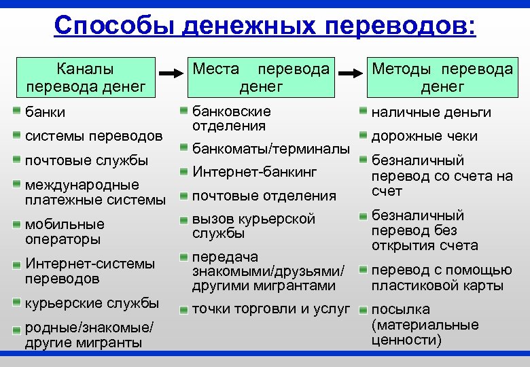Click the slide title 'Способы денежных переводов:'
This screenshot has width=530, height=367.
coord(265,25)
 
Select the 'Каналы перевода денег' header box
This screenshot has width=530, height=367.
coord(86,77)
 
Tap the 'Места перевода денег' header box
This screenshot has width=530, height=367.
coord(261,77)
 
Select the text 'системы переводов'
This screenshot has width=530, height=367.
coord(93,136)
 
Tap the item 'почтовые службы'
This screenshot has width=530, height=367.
coord(86,160)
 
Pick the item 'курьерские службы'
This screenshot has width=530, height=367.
coord(92,303)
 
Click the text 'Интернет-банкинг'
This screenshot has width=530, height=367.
coord(255,172)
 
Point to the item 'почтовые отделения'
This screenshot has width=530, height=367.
coord(264,196)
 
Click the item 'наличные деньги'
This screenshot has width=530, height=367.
coord(431,112)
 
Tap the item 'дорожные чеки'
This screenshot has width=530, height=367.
coord(425,136)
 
